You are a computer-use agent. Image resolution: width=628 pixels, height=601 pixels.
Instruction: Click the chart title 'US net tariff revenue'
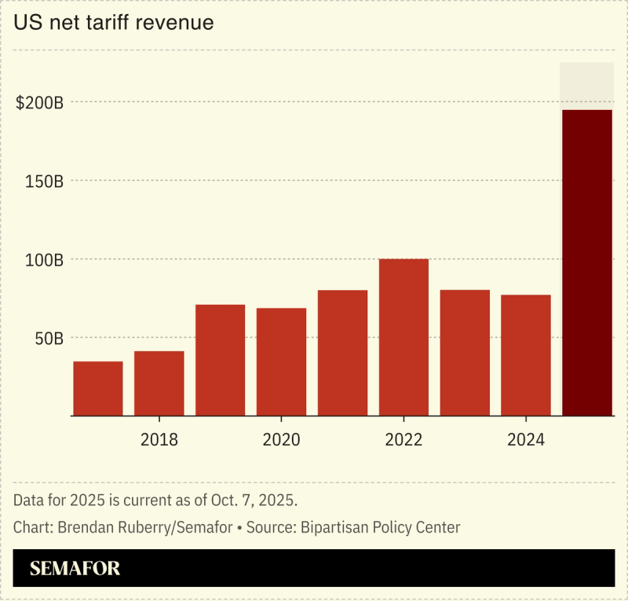[x=114, y=23]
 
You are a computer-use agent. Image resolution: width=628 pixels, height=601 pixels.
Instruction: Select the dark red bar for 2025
[x=587, y=262]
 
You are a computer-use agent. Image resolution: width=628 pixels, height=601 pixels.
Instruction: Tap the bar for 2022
[x=403, y=337]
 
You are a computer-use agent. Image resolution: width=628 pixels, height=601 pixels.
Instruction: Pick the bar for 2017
[x=98, y=388]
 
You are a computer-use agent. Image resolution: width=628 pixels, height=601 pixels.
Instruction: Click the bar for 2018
[x=159, y=383]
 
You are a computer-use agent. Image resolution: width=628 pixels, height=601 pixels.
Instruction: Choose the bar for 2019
[x=221, y=360]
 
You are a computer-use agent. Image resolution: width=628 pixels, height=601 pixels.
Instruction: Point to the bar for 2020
[x=281, y=361]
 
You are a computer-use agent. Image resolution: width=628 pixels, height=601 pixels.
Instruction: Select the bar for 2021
[x=342, y=353]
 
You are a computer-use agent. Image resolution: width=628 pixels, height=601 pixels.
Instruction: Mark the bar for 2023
[x=465, y=353]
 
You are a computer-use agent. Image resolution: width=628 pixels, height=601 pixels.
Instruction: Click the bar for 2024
[x=526, y=355]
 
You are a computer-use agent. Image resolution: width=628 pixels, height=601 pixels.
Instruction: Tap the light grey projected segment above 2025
[x=587, y=86]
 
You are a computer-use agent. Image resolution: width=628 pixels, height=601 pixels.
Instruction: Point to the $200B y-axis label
[x=39, y=103]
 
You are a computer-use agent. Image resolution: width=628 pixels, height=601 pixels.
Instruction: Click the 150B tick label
[x=44, y=181]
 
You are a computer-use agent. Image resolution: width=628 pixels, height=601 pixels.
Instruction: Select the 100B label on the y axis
[x=44, y=260]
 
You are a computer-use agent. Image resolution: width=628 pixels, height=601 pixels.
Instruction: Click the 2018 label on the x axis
[x=159, y=440]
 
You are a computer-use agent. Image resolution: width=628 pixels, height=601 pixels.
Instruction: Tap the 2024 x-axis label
[x=526, y=440]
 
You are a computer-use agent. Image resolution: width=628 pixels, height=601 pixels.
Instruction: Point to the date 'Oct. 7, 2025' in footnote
[x=255, y=500]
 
